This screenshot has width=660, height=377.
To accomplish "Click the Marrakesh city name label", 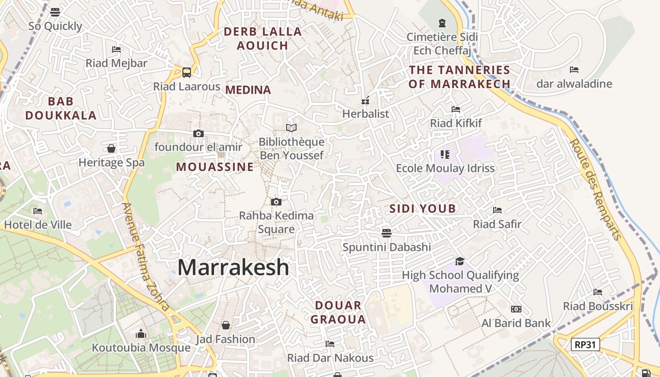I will [x=233, y=267].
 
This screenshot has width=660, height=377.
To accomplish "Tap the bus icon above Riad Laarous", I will [x=187, y=72].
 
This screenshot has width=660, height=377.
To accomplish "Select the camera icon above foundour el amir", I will [x=198, y=133].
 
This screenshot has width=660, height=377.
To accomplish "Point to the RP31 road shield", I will [x=585, y=344].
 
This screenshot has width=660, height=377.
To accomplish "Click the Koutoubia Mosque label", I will [x=141, y=348].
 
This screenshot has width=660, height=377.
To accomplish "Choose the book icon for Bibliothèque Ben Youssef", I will [x=291, y=128].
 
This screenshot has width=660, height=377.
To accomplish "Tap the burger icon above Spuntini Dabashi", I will [x=387, y=233].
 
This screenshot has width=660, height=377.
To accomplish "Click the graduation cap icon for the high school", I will [x=460, y=261].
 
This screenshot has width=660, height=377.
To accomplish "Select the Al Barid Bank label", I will [x=516, y=323].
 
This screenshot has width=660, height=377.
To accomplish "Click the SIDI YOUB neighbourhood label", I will [x=422, y=208].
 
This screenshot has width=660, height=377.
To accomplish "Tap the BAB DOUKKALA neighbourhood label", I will [x=61, y=108].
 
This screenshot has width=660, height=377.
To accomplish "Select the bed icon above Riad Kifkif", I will [x=455, y=109].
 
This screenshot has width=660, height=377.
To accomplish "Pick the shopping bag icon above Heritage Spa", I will [x=111, y=148].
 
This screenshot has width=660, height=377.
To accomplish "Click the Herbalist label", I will [x=365, y=114].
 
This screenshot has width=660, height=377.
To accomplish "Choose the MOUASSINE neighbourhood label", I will [x=214, y=167].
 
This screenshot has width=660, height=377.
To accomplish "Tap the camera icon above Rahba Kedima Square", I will [x=276, y=202].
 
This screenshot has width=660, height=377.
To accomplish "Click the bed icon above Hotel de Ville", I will [x=38, y=211].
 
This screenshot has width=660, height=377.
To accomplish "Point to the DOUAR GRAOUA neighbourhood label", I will [x=338, y=312].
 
